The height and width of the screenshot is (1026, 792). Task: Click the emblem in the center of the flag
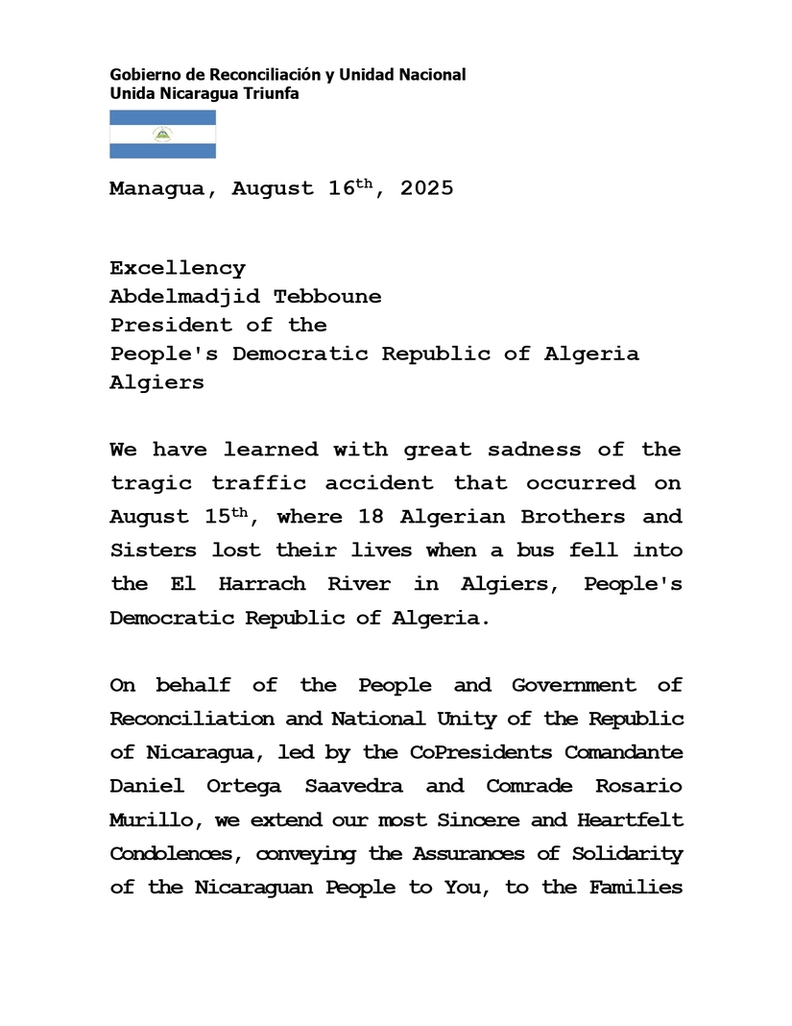[162, 134]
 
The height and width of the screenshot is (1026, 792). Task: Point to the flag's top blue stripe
[162, 117]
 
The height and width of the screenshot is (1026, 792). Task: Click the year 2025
[426, 188]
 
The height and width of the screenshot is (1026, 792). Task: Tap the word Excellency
[178, 268]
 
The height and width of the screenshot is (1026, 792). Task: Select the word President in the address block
[171, 325]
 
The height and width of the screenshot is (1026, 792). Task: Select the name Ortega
[244, 786]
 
